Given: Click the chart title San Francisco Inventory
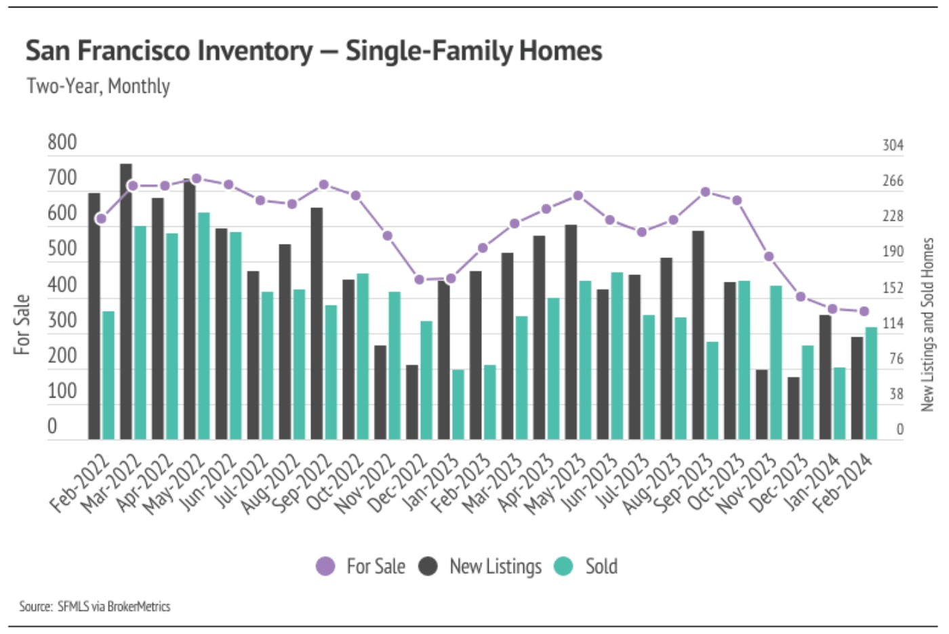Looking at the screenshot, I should click(x=313, y=51).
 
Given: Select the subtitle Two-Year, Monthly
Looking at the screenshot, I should click(x=98, y=86).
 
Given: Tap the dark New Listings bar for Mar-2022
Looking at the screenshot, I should click(x=126, y=301).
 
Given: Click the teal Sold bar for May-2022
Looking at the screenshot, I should click(x=203, y=326).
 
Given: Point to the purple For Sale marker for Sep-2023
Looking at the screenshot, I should click(x=706, y=192).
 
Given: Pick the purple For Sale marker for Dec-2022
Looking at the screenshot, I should click(x=419, y=280).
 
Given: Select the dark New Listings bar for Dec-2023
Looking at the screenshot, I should click(x=793, y=408).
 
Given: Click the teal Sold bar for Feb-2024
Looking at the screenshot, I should click(x=871, y=383).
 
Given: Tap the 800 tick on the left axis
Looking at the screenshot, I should click(x=62, y=142).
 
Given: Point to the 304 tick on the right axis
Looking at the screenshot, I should click(x=893, y=145).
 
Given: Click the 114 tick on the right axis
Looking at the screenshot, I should click(x=893, y=323).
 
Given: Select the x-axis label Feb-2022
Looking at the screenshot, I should click(x=80, y=485).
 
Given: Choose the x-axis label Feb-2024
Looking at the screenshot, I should click(x=843, y=485).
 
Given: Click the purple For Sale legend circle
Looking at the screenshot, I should click(x=326, y=566).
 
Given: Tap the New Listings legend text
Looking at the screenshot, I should click(x=496, y=566).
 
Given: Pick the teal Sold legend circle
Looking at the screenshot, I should click(x=563, y=566).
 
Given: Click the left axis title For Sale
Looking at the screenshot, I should click(x=22, y=324).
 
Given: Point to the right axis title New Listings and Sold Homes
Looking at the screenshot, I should click(x=927, y=324).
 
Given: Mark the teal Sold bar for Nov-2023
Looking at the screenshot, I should click(x=775, y=362).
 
